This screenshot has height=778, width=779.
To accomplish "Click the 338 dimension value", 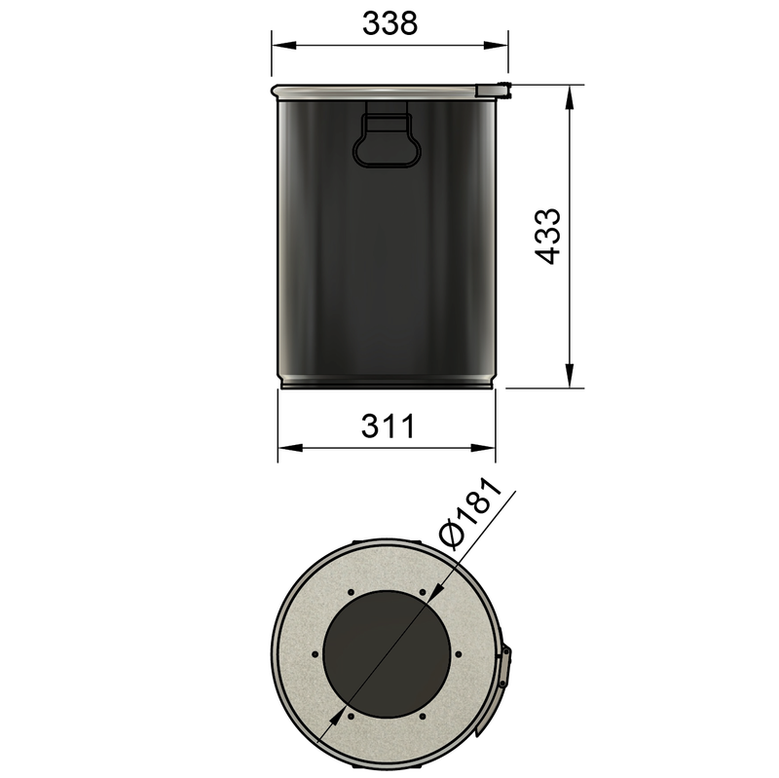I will [x=389, y=22].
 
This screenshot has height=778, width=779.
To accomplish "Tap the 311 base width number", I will [x=389, y=426].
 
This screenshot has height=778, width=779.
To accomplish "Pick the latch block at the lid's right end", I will [x=494, y=90].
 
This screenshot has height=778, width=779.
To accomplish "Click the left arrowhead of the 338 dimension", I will [x=278, y=45].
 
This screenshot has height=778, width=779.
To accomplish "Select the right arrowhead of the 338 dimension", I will [x=501, y=45].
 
